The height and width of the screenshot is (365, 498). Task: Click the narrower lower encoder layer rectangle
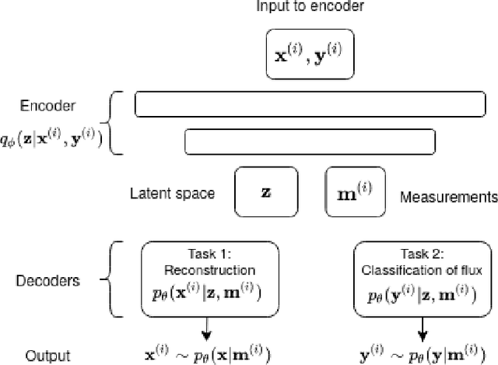click(309, 141)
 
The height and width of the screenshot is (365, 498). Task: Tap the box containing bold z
click(266, 191)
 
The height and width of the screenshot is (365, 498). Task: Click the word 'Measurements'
click(448, 198)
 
